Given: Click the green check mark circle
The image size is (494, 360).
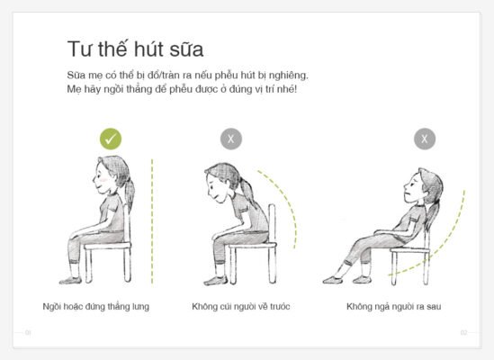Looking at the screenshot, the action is [111, 139].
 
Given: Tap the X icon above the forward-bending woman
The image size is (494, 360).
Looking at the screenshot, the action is [231, 139].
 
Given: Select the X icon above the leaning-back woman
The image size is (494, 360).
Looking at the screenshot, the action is [425, 139].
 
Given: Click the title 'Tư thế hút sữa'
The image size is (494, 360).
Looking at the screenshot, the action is [135, 49].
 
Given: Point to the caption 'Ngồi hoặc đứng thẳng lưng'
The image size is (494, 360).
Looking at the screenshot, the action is [96, 307].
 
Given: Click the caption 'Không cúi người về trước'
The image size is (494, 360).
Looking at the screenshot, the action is [241, 307].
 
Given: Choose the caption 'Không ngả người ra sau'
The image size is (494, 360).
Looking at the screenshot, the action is [394, 307].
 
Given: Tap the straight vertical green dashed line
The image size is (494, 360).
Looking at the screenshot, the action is [152, 221].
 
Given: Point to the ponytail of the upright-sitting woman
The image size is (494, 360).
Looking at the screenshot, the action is [129, 192].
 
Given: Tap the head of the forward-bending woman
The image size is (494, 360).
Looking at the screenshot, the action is [220, 182].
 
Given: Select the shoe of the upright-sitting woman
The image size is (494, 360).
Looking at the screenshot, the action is [70, 280].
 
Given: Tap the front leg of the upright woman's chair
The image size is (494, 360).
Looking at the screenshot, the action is [88, 265].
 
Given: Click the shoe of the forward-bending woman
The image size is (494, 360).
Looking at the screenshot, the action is [215, 281].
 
